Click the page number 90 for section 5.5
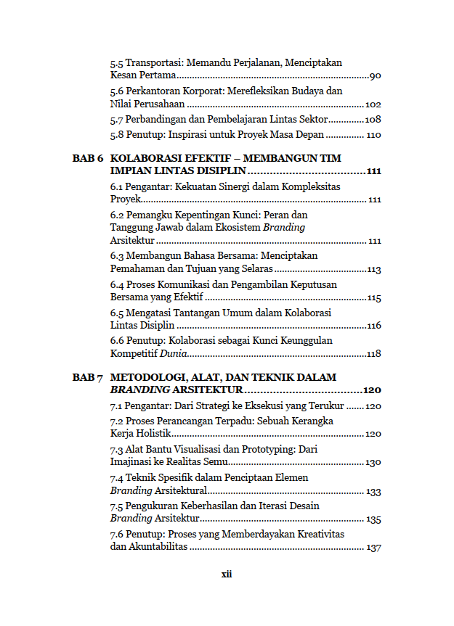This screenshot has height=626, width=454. coord(376,76)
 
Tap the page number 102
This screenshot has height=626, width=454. coord(373,104)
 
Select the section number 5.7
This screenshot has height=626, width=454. coord(117,120)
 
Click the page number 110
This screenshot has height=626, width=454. coord(373,136)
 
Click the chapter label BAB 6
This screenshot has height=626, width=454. coord(89,158)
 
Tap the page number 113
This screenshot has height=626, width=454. coord(374,270)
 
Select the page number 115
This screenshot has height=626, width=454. coord(374,298)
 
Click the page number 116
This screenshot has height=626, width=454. coord(374,326)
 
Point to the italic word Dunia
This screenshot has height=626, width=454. coord(174,354)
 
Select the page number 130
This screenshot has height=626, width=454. coord(373,463)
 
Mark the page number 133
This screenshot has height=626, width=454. coord(373,492)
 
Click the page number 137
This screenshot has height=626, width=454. coord(374,548)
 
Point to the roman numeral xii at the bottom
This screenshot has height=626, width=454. coord(227,574)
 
